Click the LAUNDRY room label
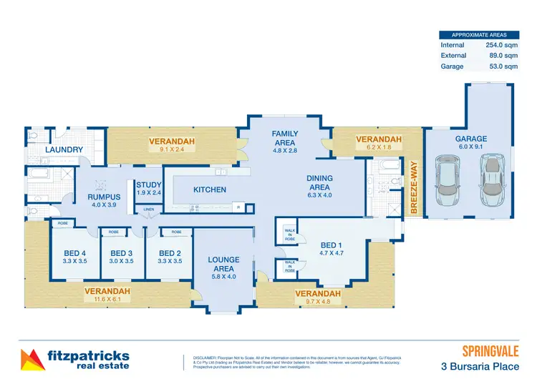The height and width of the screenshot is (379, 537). click(x=64, y=149)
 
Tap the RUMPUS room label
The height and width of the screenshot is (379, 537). click(x=103, y=196)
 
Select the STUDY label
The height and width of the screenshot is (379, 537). click(x=149, y=184)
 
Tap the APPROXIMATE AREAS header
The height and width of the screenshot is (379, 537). click(x=478, y=34)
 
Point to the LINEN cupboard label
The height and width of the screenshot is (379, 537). click(x=149, y=210)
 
